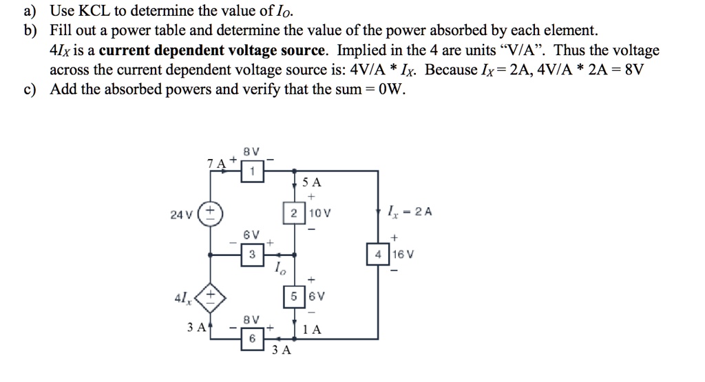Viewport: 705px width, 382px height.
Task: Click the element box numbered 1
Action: click(x=252, y=171)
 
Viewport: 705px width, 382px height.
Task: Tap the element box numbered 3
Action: click(x=252, y=254)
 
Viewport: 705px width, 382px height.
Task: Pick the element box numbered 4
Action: click(x=378, y=254)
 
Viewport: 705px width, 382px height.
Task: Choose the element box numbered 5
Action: click(x=294, y=297)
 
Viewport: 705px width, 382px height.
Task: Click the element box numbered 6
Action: click(x=252, y=338)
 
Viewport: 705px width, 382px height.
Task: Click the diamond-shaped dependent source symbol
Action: click(x=209, y=297)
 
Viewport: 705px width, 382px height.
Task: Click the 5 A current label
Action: click(x=311, y=183)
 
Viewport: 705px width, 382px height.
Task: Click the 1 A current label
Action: click(x=313, y=329)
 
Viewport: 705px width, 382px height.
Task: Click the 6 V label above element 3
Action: click(x=251, y=235)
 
